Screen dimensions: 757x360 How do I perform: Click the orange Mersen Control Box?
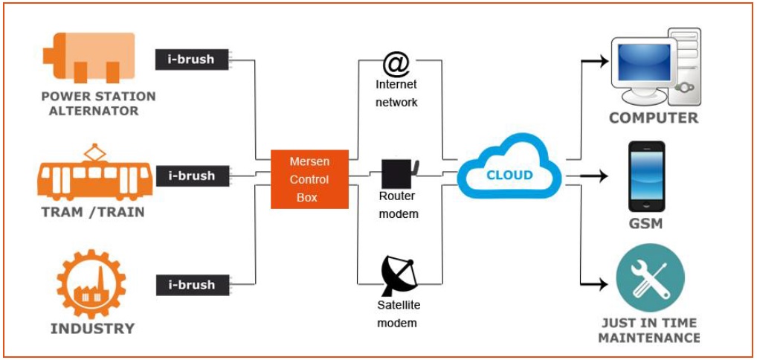(x=309, y=179)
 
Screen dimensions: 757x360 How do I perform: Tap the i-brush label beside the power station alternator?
(x=192, y=59)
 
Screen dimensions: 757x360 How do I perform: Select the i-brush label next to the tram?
(x=192, y=176)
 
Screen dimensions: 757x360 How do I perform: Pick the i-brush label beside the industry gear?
(x=192, y=285)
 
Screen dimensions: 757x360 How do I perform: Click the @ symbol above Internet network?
(x=396, y=64)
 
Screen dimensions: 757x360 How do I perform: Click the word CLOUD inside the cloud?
(x=509, y=175)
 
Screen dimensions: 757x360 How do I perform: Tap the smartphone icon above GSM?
(x=646, y=176)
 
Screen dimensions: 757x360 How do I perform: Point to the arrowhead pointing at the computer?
(x=602, y=62)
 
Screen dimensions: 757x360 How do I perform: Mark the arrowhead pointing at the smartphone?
(x=602, y=176)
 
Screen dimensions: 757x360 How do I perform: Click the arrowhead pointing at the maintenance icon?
(x=602, y=284)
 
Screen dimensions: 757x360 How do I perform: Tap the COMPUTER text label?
(x=654, y=118)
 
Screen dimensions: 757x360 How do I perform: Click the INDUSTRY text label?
(x=93, y=329)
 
